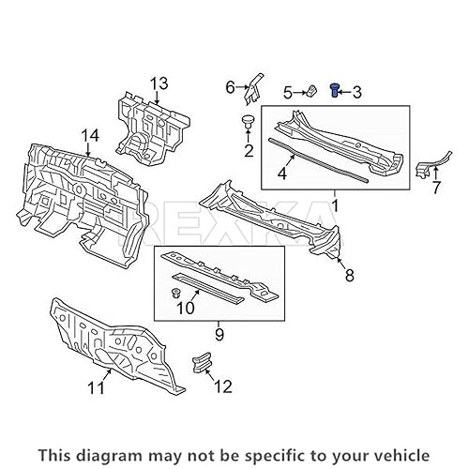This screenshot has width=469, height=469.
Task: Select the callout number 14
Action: click(88, 138)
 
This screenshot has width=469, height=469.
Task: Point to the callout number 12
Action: click(221, 385)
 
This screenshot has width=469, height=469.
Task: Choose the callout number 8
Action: click(349, 275)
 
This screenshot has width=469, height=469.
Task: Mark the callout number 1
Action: click(334, 204)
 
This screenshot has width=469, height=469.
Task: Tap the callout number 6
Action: click(229, 87)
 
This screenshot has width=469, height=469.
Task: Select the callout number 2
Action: click(248, 150)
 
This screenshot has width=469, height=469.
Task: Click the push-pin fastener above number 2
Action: click(248, 122)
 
